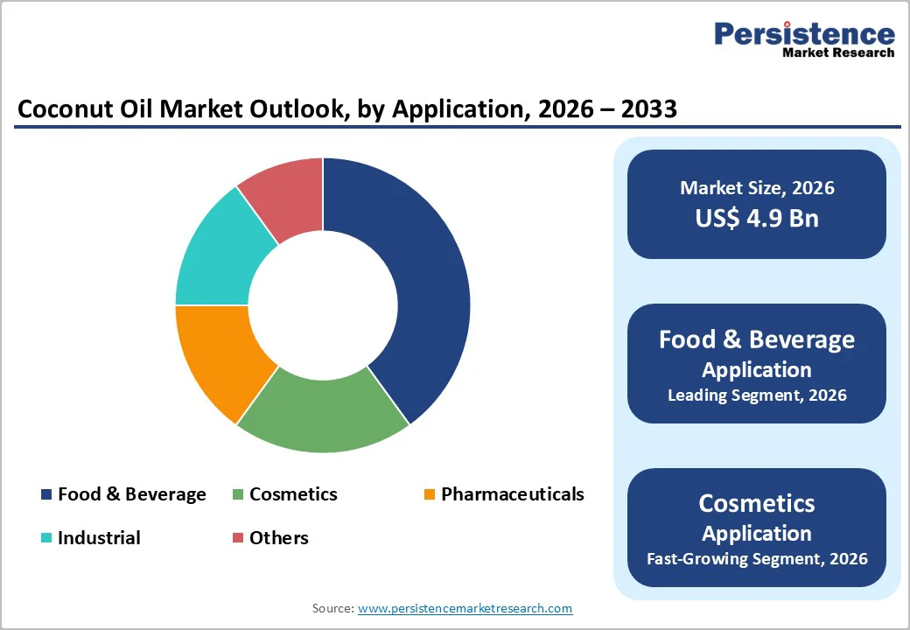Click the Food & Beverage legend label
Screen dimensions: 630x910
point(131,494)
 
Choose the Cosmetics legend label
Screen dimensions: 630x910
point(293,494)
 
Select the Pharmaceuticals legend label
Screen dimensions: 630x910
point(512,494)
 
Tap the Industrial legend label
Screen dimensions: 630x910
point(99,538)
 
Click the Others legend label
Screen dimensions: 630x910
point(278,538)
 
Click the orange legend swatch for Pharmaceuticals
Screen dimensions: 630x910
point(429,495)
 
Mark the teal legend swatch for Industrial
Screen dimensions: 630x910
point(46,538)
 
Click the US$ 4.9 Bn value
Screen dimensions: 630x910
point(757,218)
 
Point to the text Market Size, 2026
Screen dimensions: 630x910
point(757,187)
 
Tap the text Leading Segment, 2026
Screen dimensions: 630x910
point(757,395)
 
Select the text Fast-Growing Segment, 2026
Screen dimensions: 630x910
point(757,558)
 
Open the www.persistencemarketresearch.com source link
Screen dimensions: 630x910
point(465,608)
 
